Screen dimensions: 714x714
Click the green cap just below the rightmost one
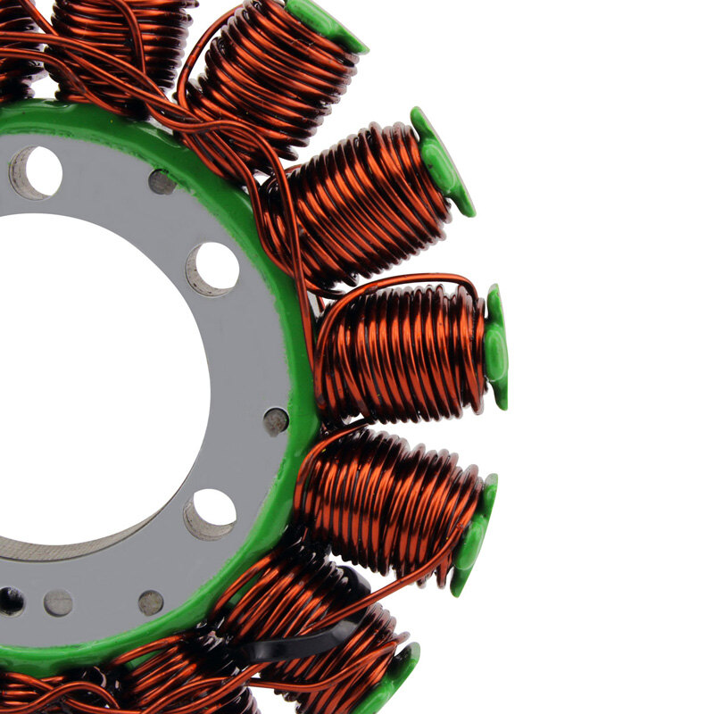click(473, 535)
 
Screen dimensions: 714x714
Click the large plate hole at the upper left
click(36, 172)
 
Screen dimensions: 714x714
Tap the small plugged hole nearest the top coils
click(162, 182)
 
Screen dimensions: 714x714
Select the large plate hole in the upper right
click(212, 268)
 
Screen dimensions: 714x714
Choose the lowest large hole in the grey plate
click(211, 513)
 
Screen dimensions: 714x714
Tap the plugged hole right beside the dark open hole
click(59, 603)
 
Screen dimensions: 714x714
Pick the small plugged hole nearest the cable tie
click(151, 603)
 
